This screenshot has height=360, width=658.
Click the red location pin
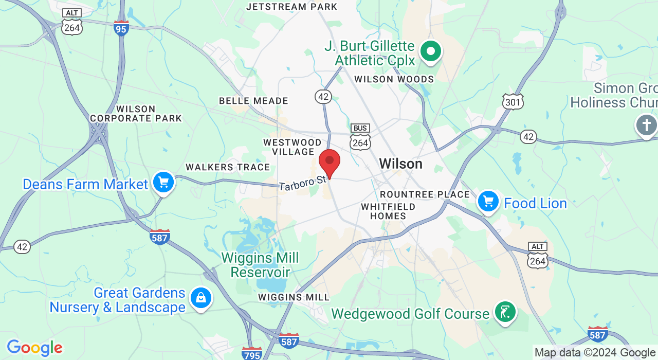click(x=330, y=162)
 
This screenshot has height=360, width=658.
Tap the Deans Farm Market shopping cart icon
click(x=163, y=183)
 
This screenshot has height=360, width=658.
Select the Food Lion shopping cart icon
click(x=488, y=202)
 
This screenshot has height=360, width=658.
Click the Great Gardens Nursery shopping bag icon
click(x=200, y=298)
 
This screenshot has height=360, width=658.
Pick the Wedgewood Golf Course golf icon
click(x=505, y=312)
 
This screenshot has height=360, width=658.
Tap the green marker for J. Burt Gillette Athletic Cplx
click(x=431, y=51)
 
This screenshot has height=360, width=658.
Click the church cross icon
click(x=646, y=125)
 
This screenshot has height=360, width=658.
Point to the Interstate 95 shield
click(x=121, y=28)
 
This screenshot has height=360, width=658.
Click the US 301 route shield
click(x=513, y=101)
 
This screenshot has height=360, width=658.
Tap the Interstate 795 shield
click(x=252, y=353)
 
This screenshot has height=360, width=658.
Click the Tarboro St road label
click(x=303, y=183)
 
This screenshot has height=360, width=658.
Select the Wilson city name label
click(x=400, y=164)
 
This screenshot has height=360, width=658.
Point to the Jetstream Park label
click(x=291, y=7)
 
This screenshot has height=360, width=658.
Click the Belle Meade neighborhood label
click(x=253, y=101)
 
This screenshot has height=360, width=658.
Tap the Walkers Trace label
click(x=228, y=167)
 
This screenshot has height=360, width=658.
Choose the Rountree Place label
click(x=425, y=194)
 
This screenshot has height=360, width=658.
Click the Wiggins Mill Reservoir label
click(x=260, y=264)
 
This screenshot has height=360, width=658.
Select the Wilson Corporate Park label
click(x=136, y=114)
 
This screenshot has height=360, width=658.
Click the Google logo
click(x=34, y=348)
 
